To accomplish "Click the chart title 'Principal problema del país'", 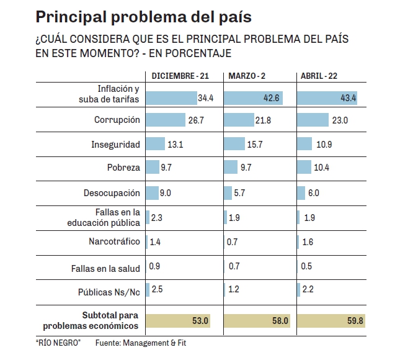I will click(x=144, y=15).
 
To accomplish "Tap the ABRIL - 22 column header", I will click(x=319, y=76).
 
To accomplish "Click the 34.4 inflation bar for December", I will click(x=171, y=97).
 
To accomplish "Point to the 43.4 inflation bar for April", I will click(x=327, y=97).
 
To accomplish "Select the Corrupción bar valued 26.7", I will click(x=165, y=120).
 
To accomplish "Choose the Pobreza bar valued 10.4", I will click(x=304, y=168).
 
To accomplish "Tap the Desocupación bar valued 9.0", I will click(x=151, y=192).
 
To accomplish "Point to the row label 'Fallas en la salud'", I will click(x=105, y=268).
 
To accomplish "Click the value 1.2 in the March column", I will click(x=233, y=289).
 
